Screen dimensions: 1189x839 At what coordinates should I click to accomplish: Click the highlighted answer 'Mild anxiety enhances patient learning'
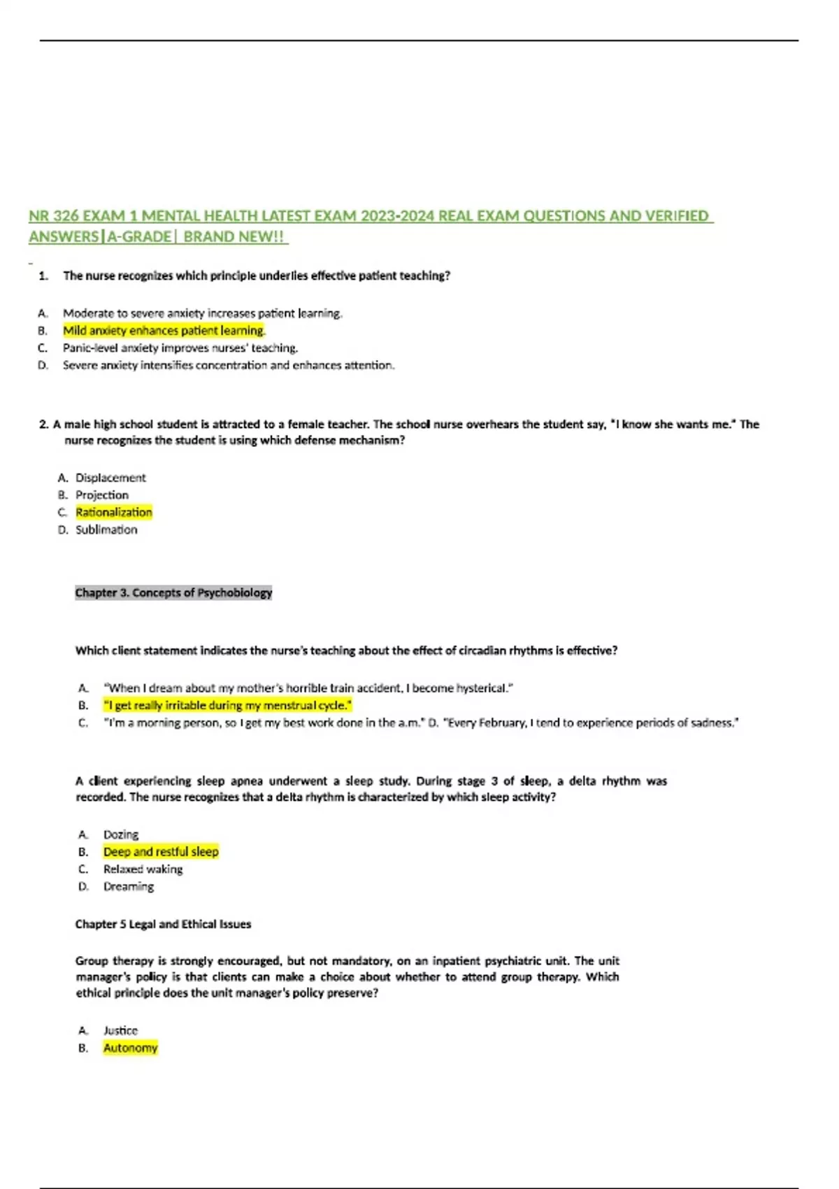[x=164, y=331]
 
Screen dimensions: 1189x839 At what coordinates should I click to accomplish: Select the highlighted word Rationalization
[x=113, y=513]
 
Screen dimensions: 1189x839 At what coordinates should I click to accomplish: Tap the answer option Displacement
[x=110, y=478]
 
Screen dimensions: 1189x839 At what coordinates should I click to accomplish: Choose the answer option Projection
[x=102, y=495]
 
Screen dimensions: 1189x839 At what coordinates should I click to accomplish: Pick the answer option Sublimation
[x=106, y=530]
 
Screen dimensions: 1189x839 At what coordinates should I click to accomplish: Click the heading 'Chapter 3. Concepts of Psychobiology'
[x=173, y=593]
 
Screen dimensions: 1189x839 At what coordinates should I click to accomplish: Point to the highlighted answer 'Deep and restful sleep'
[x=161, y=852]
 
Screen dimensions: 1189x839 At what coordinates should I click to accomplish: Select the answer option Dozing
[x=121, y=834]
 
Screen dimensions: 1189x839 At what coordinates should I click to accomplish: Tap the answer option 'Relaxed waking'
[x=143, y=869]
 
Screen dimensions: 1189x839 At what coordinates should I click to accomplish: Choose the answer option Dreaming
[x=129, y=887]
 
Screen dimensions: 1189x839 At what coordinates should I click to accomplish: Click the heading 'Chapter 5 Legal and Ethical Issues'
[x=163, y=925]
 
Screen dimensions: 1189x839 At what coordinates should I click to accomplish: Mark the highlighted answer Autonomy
[x=131, y=1048]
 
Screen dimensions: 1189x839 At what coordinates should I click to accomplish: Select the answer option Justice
[x=120, y=1031]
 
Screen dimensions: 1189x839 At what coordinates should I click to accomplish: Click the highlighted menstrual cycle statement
[x=227, y=706]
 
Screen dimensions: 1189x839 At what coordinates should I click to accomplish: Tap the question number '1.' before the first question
[x=43, y=276]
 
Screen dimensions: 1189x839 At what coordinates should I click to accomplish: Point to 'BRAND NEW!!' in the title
[x=234, y=237]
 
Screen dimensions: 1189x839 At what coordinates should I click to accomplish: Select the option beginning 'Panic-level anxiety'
[x=180, y=348]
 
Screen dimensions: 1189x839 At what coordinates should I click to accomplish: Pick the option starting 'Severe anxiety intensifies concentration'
[x=228, y=366]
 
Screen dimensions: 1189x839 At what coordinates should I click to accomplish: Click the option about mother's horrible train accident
[x=308, y=688]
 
